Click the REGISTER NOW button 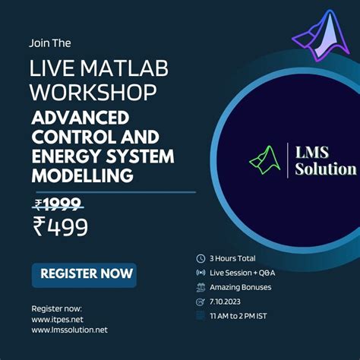(84, 275)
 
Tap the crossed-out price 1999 (62, 204)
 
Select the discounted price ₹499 (61, 226)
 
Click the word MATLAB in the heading (125, 68)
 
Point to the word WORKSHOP (93, 92)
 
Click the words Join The (50, 43)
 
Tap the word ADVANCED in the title (81, 118)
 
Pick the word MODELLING (82, 175)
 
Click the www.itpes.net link (57, 320)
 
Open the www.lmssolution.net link (69, 330)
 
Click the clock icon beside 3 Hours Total (201, 259)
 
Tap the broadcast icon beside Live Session (201, 273)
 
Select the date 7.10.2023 (225, 302)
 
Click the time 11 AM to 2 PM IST (238, 316)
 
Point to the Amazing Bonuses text (240, 287)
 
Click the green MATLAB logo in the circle (265, 159)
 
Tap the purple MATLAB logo (321, 36)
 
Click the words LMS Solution (326, 161)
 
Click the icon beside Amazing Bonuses (201, 287)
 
